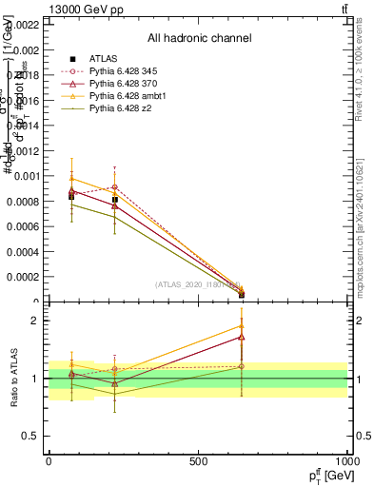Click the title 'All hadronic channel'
pos(199,39)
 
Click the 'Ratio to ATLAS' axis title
pos(13,379)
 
